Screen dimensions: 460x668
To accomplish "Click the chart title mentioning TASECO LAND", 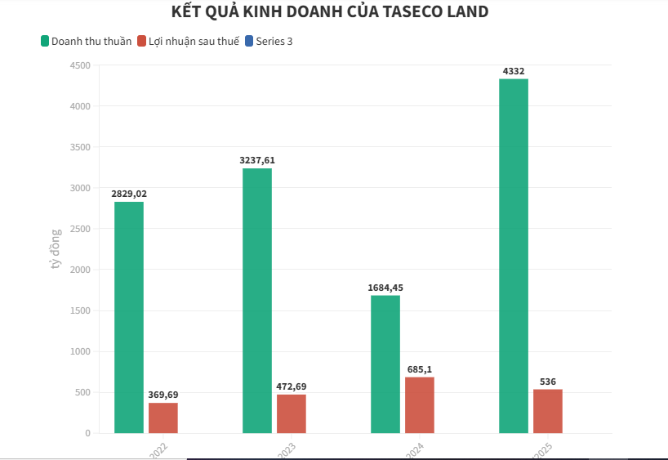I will point(331,12).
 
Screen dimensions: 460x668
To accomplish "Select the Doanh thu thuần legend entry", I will point(86,41).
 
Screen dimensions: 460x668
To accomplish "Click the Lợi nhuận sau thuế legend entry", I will point(189,41).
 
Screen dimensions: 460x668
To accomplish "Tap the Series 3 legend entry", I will point(269,41).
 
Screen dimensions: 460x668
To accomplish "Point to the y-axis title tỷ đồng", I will point(56,249).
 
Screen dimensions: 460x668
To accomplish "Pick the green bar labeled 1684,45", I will point(385,364).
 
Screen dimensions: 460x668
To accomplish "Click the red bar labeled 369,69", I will point(163,418).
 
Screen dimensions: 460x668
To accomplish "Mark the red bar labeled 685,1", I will point(420,404).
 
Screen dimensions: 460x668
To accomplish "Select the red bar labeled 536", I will point(548,411).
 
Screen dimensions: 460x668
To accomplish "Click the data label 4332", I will point(514,72).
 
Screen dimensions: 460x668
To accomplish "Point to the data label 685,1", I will point(420,369).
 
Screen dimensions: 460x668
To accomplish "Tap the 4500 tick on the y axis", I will point(80,65).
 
